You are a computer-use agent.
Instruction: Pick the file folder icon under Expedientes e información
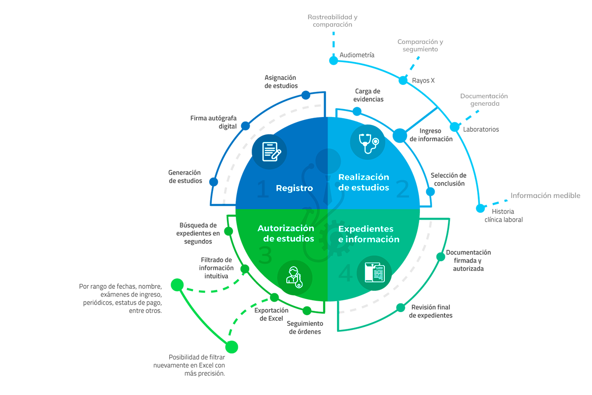(374, 273)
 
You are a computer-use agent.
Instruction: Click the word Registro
(294, 188)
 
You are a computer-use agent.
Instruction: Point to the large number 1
(263, 190)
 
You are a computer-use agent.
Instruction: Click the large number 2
(403, 189)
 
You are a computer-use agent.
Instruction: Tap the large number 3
(265, 256)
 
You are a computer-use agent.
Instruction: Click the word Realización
(364, 177)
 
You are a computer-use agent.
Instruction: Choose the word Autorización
(286, 228)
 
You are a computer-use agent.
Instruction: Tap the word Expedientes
(366, 229)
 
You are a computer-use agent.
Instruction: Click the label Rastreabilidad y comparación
(333, 20)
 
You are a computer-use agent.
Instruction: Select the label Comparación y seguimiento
(420, 45)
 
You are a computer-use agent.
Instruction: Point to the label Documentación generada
(484, 100)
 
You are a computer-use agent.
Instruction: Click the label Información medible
(545, 196)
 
